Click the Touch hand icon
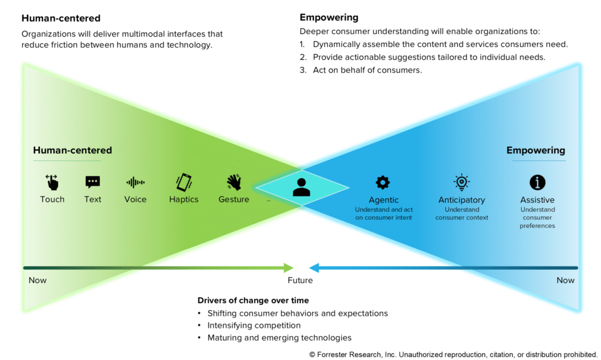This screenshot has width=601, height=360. pos(52,182)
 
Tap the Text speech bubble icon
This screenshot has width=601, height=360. pos(93,182)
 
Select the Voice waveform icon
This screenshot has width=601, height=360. pos(135,182)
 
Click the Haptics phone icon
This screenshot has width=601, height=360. pos(184,182)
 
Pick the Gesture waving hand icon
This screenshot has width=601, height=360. pos(234,182)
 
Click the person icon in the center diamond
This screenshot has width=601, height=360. pos(302,187)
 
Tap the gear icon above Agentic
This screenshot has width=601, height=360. pos(383,182)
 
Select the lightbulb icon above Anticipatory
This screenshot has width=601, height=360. pos(461,182)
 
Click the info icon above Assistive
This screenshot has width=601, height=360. pos(537,182)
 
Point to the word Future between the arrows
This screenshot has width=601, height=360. pos(300,280)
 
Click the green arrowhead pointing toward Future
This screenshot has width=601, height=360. pos(288,268)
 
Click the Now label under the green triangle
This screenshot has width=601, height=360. pos(38,280)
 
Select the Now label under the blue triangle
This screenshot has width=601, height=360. pos(565,280)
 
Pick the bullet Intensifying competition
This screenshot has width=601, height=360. pos(254,325)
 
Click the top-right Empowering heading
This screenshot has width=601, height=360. pos(329,18)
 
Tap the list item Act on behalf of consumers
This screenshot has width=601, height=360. pos(367,70)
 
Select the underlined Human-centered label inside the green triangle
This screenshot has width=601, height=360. pos(72,150)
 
